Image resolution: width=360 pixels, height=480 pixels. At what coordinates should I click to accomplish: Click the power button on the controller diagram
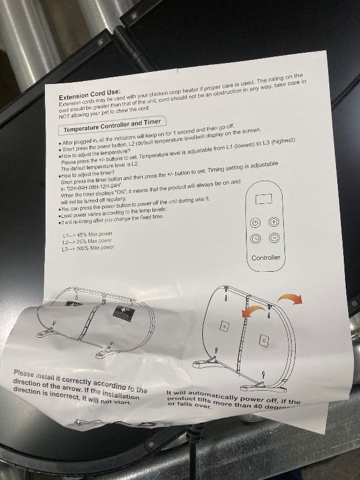point(256,222)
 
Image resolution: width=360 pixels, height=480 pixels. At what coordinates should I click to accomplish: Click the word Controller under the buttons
point(265,257)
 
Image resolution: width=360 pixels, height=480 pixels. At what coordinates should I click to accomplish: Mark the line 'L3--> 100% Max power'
point(88,248)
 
